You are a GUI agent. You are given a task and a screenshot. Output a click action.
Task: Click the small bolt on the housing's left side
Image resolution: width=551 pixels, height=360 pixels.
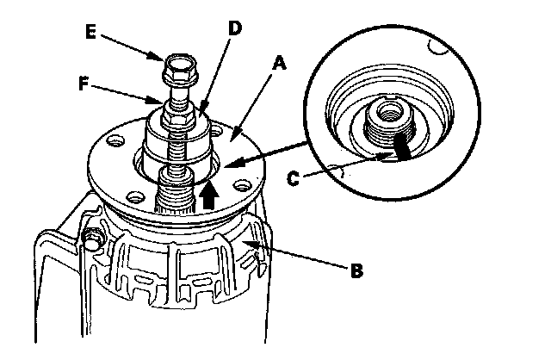tap(90, 237)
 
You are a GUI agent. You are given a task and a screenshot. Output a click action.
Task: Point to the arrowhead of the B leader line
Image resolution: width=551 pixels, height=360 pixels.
tap(245, 245)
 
